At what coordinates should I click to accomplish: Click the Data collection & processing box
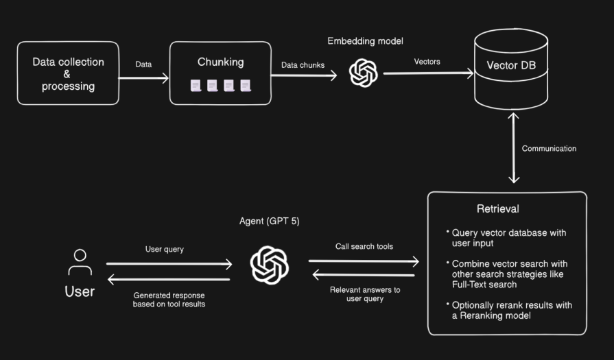[68, 73]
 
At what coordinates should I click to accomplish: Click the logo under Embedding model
[364, 73]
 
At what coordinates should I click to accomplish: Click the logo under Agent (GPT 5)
[270, 264]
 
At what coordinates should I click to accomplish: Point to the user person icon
[80, 263]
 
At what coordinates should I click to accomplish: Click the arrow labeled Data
[144, 78]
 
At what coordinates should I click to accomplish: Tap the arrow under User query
[169, 263]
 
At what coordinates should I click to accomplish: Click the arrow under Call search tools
[364, 261]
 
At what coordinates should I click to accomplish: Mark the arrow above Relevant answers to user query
[364, 275]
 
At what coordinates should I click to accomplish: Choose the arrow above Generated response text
[169, 278]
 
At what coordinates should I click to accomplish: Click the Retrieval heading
[497, 208]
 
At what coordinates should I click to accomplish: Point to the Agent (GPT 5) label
[270, 221]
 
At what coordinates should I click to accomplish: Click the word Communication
[549, 148]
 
